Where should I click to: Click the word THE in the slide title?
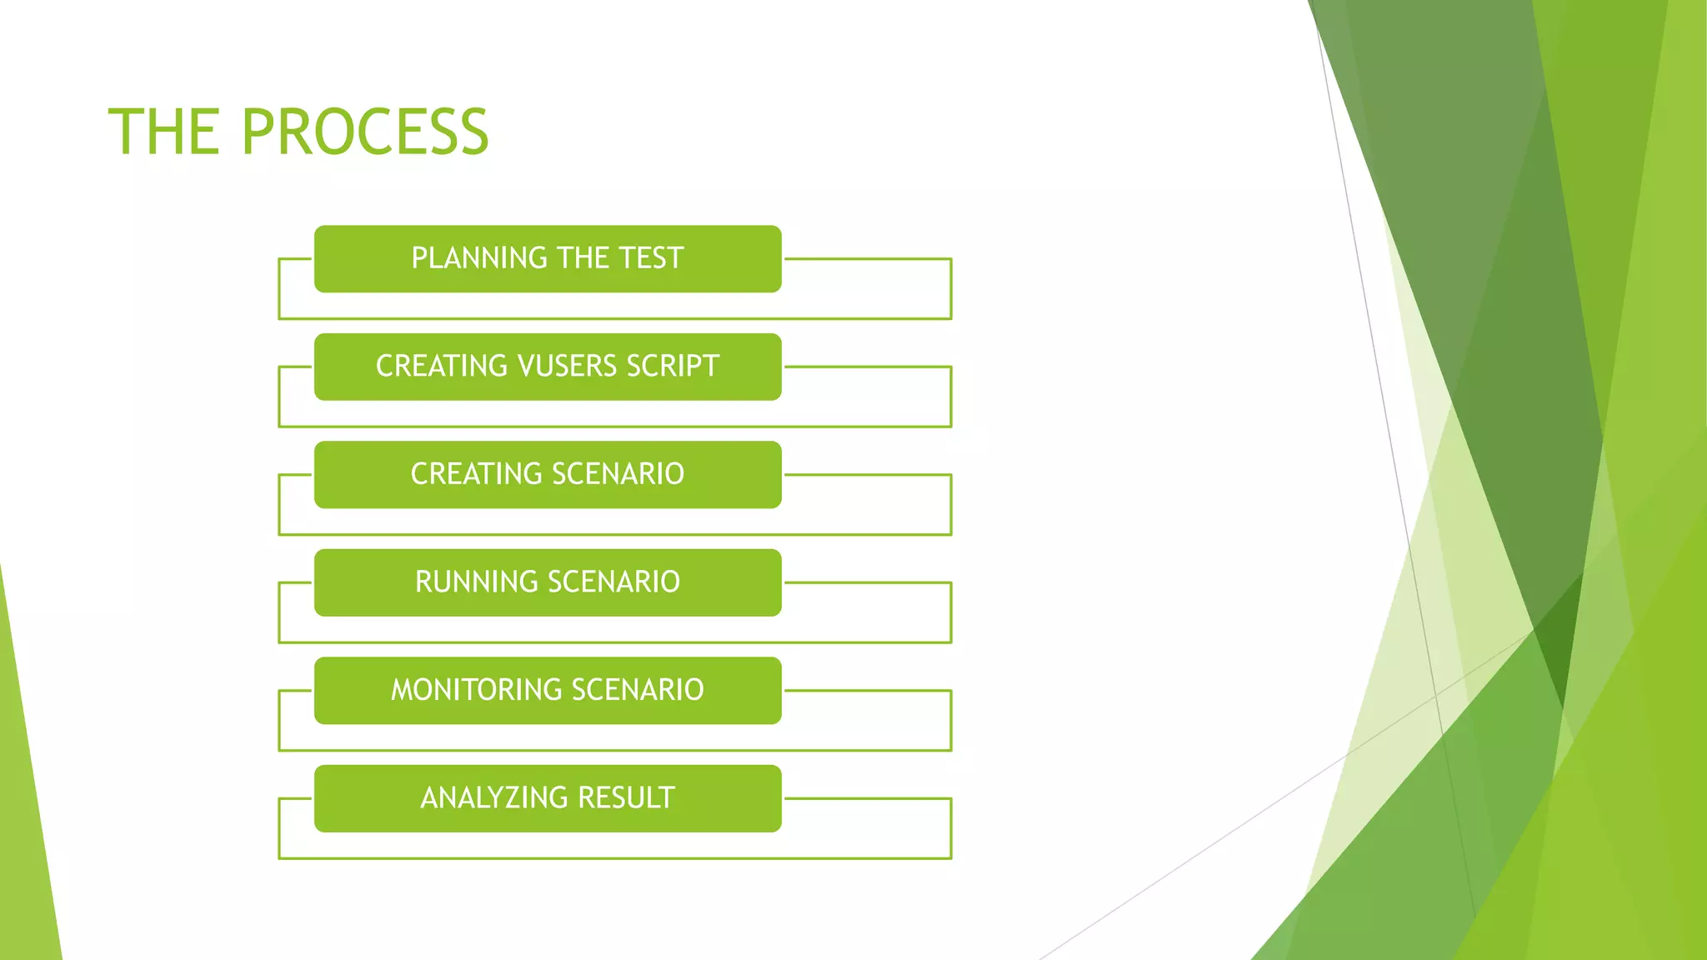click(x=164, y=132)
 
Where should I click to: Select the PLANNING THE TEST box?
click(x=548, y=258)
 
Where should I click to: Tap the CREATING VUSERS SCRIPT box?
click(x=548, y=367)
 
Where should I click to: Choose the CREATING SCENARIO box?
click(x=548, y=474)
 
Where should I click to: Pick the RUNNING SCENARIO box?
click(x=548, y=582)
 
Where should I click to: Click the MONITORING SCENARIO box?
click(x=548, y=690)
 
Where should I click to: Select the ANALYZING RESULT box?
click(x=548, y=798)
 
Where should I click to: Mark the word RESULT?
click(x=626, y=798)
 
